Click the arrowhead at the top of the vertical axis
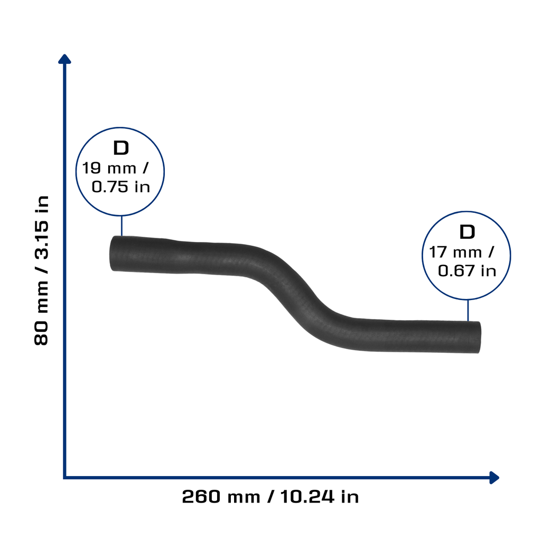tap(64, 59)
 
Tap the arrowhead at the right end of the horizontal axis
tap(495, 478)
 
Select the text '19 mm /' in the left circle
tap(115, 169)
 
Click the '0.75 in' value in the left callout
tap(121, 186)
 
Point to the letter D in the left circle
tap(121, 148)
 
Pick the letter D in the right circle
tap(467, 232)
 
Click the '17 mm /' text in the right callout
tap(461, 252)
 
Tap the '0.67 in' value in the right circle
tap(467, 271)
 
